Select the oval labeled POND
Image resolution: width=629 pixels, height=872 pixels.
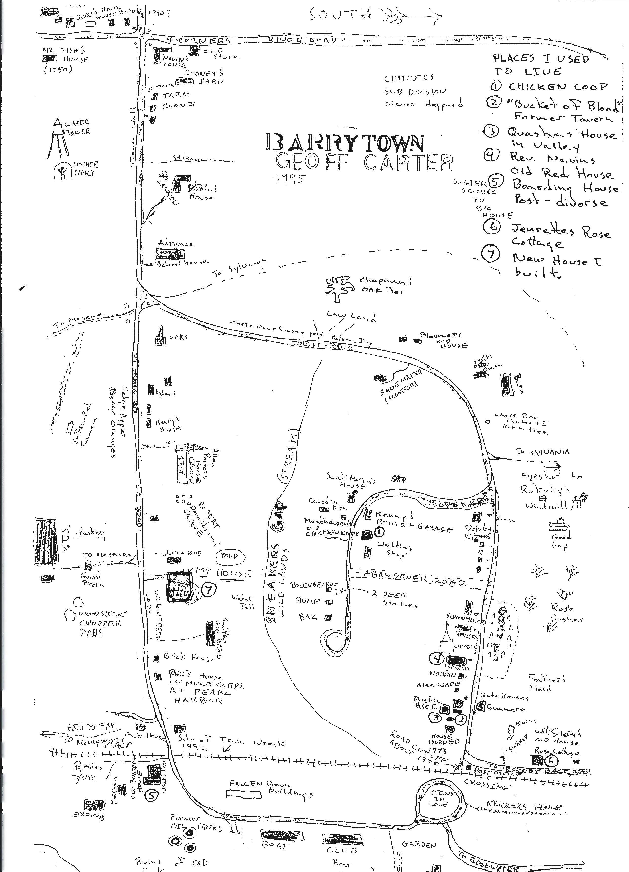[229, 556]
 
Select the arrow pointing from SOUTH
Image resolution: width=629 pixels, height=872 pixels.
[411, 16]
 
